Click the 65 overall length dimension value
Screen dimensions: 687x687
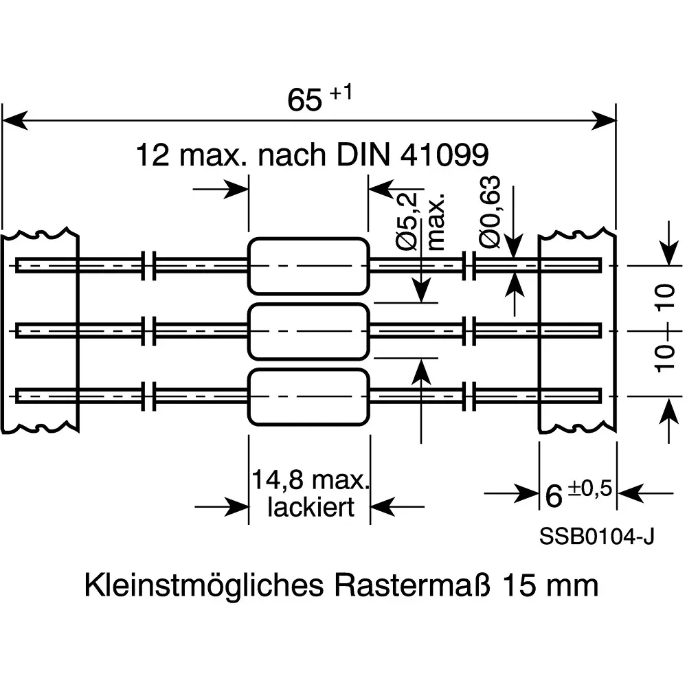tap(304, 101)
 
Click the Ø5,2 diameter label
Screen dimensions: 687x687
tap(407, 220)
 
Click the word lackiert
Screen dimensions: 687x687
tap(311, 507)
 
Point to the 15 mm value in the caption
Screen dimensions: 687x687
tap(550, 586)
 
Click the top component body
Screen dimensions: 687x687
tap(308, 265)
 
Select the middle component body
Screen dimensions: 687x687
tap(308, 331)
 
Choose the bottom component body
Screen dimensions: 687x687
tap(308, 397)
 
